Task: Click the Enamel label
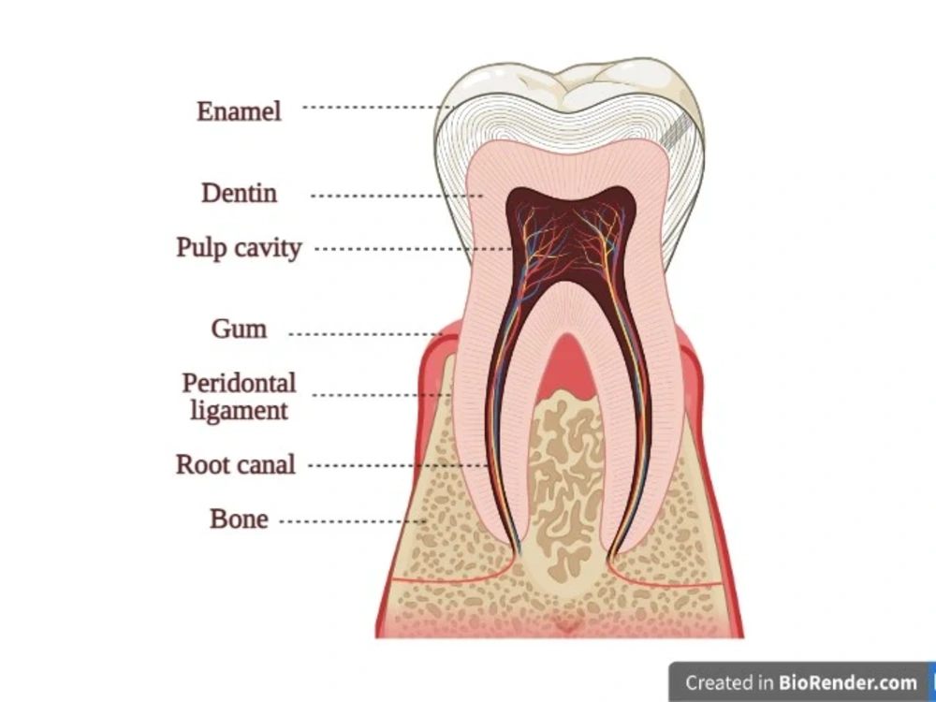[x=239, y=111]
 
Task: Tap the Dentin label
[x=239, y=193]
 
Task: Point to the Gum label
[x=239, y=329]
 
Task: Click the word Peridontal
[x=239, y=383]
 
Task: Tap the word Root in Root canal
[x=202, y=464]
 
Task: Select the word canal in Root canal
[x=266, y=464]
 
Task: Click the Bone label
[x=239, y=519]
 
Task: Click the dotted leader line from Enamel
[x=378, y=108]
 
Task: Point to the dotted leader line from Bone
[x=354, y=521]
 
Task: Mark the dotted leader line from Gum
[x=366, y=334]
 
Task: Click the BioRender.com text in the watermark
[x=848, y=682]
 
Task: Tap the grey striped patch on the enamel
[x=675, y=131]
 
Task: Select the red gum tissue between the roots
[x=566, y=367]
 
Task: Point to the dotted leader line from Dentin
[x=397, y=196]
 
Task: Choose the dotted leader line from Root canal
[x=399, y=465]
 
